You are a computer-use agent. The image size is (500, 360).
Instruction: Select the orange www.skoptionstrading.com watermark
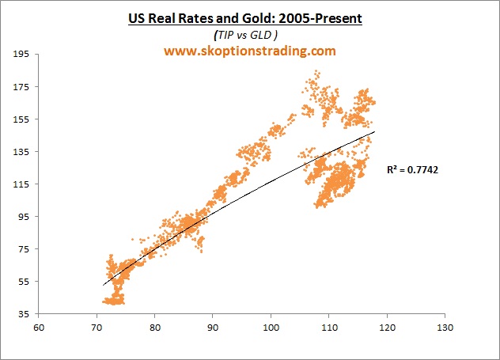tap(250, 51)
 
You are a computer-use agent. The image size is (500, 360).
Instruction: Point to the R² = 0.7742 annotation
tap(412, 169)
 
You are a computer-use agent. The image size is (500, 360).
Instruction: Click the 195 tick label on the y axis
tap(21, 54)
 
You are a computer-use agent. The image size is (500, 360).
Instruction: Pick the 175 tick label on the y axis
tap(21, 86)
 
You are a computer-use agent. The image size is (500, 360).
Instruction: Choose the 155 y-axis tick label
tap(21, 119)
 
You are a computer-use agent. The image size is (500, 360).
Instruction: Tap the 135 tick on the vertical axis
tap(21, 151)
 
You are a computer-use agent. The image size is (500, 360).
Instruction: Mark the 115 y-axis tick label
tap(21, 184)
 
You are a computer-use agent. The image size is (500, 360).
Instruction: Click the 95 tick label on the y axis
tap(24, 216)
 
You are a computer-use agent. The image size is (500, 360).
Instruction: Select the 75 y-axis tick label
tap(24, 248)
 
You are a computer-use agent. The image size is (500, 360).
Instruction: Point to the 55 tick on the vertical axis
tap(24, 281)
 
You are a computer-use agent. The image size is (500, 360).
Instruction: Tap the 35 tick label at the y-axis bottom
tap(24, 313)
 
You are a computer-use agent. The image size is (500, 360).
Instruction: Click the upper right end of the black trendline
tap(375, 132)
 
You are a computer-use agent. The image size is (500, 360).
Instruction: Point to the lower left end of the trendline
tap(103, 285)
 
